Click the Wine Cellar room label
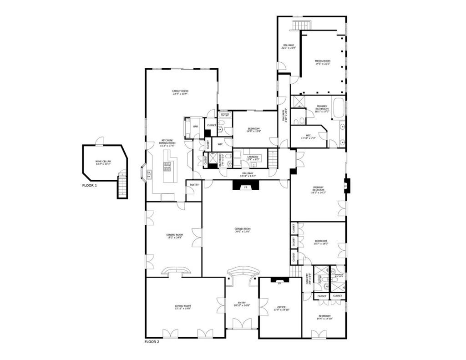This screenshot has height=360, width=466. point(103,161)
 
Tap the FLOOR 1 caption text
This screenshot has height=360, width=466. point(89,186)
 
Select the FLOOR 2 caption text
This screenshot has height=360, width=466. point(152,342)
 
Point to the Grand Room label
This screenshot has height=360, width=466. point(243,229)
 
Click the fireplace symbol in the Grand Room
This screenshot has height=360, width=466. point(246,186)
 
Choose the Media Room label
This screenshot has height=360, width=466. point(322,61)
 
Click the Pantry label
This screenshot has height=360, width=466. point(194,185)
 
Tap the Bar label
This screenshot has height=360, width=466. point(195,127)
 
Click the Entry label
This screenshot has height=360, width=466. point(242,303)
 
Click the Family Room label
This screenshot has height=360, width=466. point(180,91)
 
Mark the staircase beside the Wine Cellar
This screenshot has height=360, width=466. point(122,184)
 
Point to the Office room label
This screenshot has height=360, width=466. point(281,307)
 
